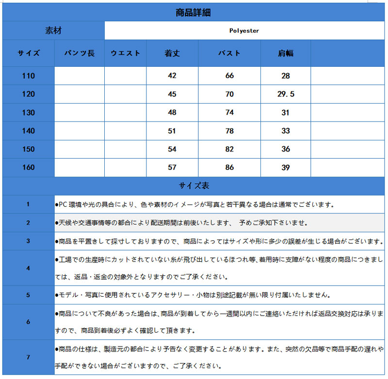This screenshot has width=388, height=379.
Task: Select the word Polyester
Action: [244, 30]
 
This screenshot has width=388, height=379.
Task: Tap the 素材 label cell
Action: [53, 30]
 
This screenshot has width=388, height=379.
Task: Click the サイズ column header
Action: [29, 53]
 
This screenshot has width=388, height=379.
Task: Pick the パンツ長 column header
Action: [80, 53]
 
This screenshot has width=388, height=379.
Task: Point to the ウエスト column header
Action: [125, 53]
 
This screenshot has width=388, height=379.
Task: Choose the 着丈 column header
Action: [172, 53]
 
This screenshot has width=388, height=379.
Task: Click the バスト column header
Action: [229, 53]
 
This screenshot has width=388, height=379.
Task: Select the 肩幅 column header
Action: [286, 53]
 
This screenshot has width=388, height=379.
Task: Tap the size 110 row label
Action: [29, 76]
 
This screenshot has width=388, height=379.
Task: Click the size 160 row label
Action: [29, 167]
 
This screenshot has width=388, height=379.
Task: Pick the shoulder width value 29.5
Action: [286, 94]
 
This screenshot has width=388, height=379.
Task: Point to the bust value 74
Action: [229, 112]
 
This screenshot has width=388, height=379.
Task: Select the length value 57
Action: [172, 167]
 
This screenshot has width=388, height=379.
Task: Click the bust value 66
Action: [229, 76]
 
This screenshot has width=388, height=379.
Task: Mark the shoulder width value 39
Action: [286, 167]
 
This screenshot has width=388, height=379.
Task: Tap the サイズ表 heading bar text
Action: [194, 186]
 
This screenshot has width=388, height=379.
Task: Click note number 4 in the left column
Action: [28, 268]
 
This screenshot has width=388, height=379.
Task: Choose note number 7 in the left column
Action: [28, 357]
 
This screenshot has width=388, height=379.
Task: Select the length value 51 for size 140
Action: [172, 131]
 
